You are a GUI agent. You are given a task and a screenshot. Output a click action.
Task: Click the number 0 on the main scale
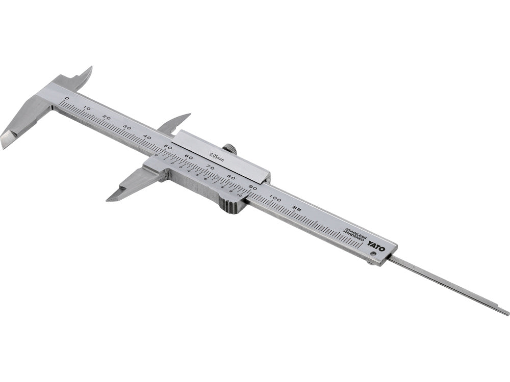[x=66, y=98]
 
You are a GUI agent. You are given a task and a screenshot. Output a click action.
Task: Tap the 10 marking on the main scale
[x=87, y=108]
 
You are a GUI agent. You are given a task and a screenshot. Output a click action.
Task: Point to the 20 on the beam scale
[x=107, y=118]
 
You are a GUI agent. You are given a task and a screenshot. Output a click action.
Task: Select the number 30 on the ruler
[x=127, y=127]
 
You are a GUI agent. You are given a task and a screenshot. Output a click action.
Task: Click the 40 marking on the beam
[x=147, y=137]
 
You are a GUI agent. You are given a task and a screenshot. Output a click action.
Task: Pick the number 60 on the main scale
[x=188, y=157]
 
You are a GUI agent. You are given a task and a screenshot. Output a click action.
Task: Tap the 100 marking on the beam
[x=274, y=198]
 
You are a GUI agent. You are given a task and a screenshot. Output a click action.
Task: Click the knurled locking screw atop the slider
[x=232, y=150]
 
